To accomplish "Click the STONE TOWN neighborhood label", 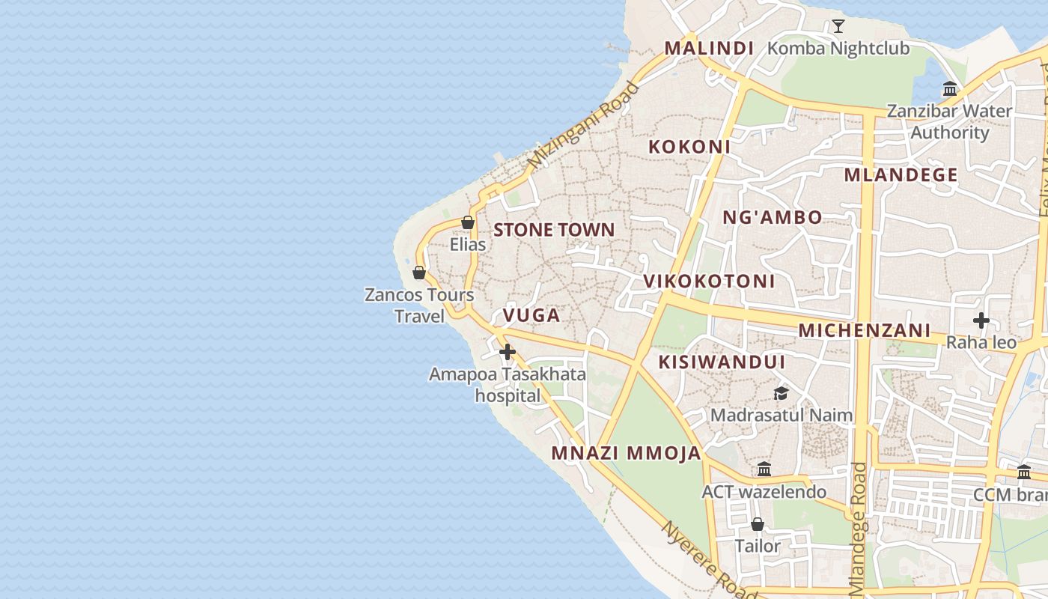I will point(554,230).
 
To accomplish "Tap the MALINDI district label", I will point(709,49).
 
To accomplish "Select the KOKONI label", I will point(689,147).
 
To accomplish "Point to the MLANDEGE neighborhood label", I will point(901,175).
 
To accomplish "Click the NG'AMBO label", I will point(772,218).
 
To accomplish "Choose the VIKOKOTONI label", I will point(709,282).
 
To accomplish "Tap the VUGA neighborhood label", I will point(531,315).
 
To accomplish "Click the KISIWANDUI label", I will point(722,362).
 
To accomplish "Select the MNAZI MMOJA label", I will point(626,453).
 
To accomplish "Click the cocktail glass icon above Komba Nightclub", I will point(838,27).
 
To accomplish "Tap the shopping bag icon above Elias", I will point(468,222).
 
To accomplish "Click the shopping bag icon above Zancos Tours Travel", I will point(419,273).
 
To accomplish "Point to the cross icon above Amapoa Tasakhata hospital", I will point(508,351).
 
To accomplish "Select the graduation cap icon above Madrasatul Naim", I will point(781,393).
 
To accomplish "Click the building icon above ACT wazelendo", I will point(764,469).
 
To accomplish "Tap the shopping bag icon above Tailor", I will point(758,524).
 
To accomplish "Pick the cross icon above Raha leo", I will point(981,321).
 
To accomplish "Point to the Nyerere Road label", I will point(698,558).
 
